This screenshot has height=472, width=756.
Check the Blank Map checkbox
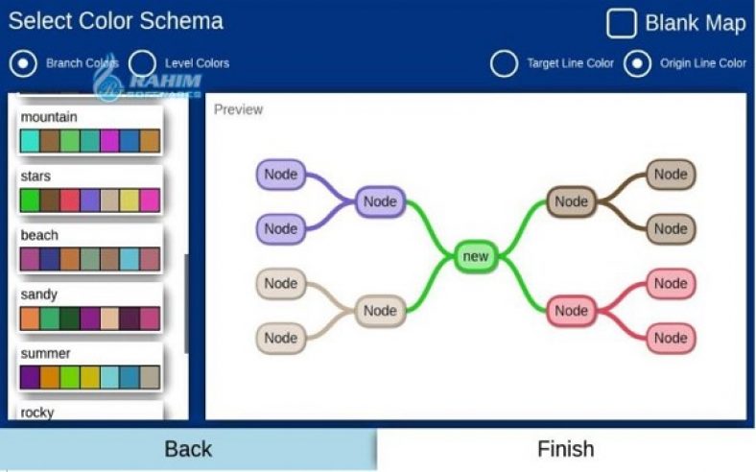point(621,23)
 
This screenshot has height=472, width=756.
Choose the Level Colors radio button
point(143,63)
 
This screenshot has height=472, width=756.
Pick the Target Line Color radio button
point(504,63)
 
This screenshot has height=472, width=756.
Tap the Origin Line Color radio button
point(638,63)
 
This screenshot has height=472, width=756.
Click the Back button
point(188,449)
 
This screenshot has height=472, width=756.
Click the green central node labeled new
point(475,256)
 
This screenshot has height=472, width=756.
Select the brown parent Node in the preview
point(571,201)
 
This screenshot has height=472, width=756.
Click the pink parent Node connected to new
point(571,311)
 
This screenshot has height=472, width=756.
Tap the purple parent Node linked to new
point(380,201)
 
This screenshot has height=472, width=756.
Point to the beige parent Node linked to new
point(380,311)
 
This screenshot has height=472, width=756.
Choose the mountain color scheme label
point(49,117)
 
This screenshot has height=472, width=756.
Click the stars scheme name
point(36,177)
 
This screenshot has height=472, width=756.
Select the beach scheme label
point(39,235)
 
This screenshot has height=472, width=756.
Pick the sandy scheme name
point(39,295)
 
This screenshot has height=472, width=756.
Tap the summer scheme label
point(46,353)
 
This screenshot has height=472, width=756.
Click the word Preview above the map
point(238,109)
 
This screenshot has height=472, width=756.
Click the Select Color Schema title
point(115,21)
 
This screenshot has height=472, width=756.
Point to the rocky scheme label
point(37,413)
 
